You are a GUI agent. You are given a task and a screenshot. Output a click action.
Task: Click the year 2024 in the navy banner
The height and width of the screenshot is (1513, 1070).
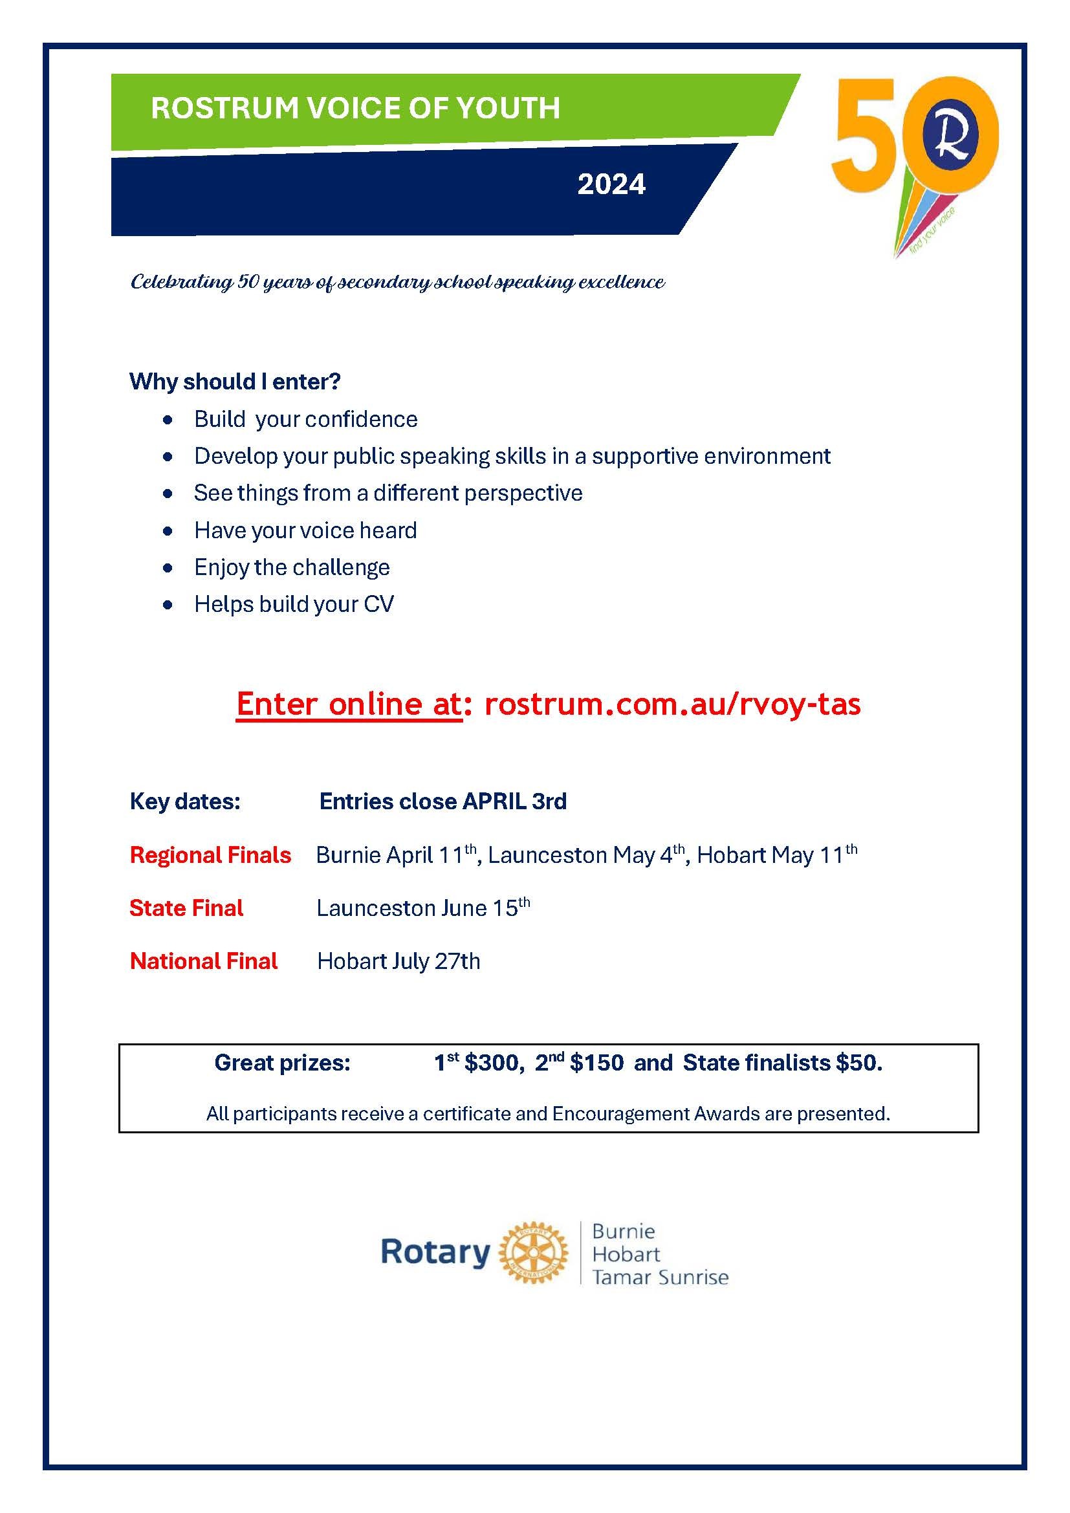coord(611,184)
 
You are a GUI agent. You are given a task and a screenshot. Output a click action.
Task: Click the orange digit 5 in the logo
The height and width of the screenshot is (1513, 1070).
coord(864,136)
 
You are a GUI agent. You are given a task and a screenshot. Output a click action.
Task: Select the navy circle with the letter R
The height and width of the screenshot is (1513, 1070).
coord(951,136)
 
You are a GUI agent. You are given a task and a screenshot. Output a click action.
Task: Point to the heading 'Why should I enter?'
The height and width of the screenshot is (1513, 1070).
coord(235,382)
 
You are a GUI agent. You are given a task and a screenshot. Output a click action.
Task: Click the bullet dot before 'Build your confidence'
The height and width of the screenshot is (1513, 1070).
coord(169,420)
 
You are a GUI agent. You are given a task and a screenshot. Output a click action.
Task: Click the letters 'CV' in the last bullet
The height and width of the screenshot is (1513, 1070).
coord(378,604)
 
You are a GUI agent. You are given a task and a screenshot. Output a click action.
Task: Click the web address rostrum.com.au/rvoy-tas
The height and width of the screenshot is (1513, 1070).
coord(672,704)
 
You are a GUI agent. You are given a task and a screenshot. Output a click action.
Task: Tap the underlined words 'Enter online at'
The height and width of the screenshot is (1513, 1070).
coord(349,704)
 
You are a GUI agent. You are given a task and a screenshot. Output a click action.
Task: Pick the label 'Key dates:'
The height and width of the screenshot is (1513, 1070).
coord(185,801)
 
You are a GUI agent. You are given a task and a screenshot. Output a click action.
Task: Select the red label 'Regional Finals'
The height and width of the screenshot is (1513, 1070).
coord(210,855)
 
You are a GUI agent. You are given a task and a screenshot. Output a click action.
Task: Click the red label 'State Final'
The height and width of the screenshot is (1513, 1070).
coord(186,908)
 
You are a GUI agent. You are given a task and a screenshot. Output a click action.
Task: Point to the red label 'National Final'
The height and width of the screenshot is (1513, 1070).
coord(204,961)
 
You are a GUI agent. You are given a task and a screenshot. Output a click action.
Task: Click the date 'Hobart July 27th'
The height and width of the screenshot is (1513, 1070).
coord(399,961)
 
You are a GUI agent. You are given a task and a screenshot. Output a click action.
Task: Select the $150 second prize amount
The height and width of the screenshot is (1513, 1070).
coord(596,1063)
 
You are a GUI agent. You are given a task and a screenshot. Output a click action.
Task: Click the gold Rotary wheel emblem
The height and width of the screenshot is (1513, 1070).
coord(533,1252)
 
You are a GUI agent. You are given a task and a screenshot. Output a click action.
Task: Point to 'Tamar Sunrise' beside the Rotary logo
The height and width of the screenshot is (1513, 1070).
coord(661,1278)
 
